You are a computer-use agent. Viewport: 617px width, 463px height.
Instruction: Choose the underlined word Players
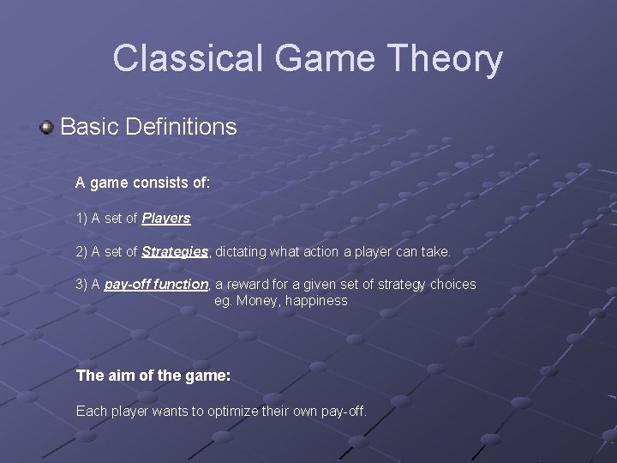166,219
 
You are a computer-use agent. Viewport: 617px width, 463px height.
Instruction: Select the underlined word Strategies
175,252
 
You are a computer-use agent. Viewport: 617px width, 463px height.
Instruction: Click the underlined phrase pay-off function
157,284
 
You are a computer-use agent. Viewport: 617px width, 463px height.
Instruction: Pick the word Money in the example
256,301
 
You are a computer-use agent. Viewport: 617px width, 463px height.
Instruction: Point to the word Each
91,412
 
